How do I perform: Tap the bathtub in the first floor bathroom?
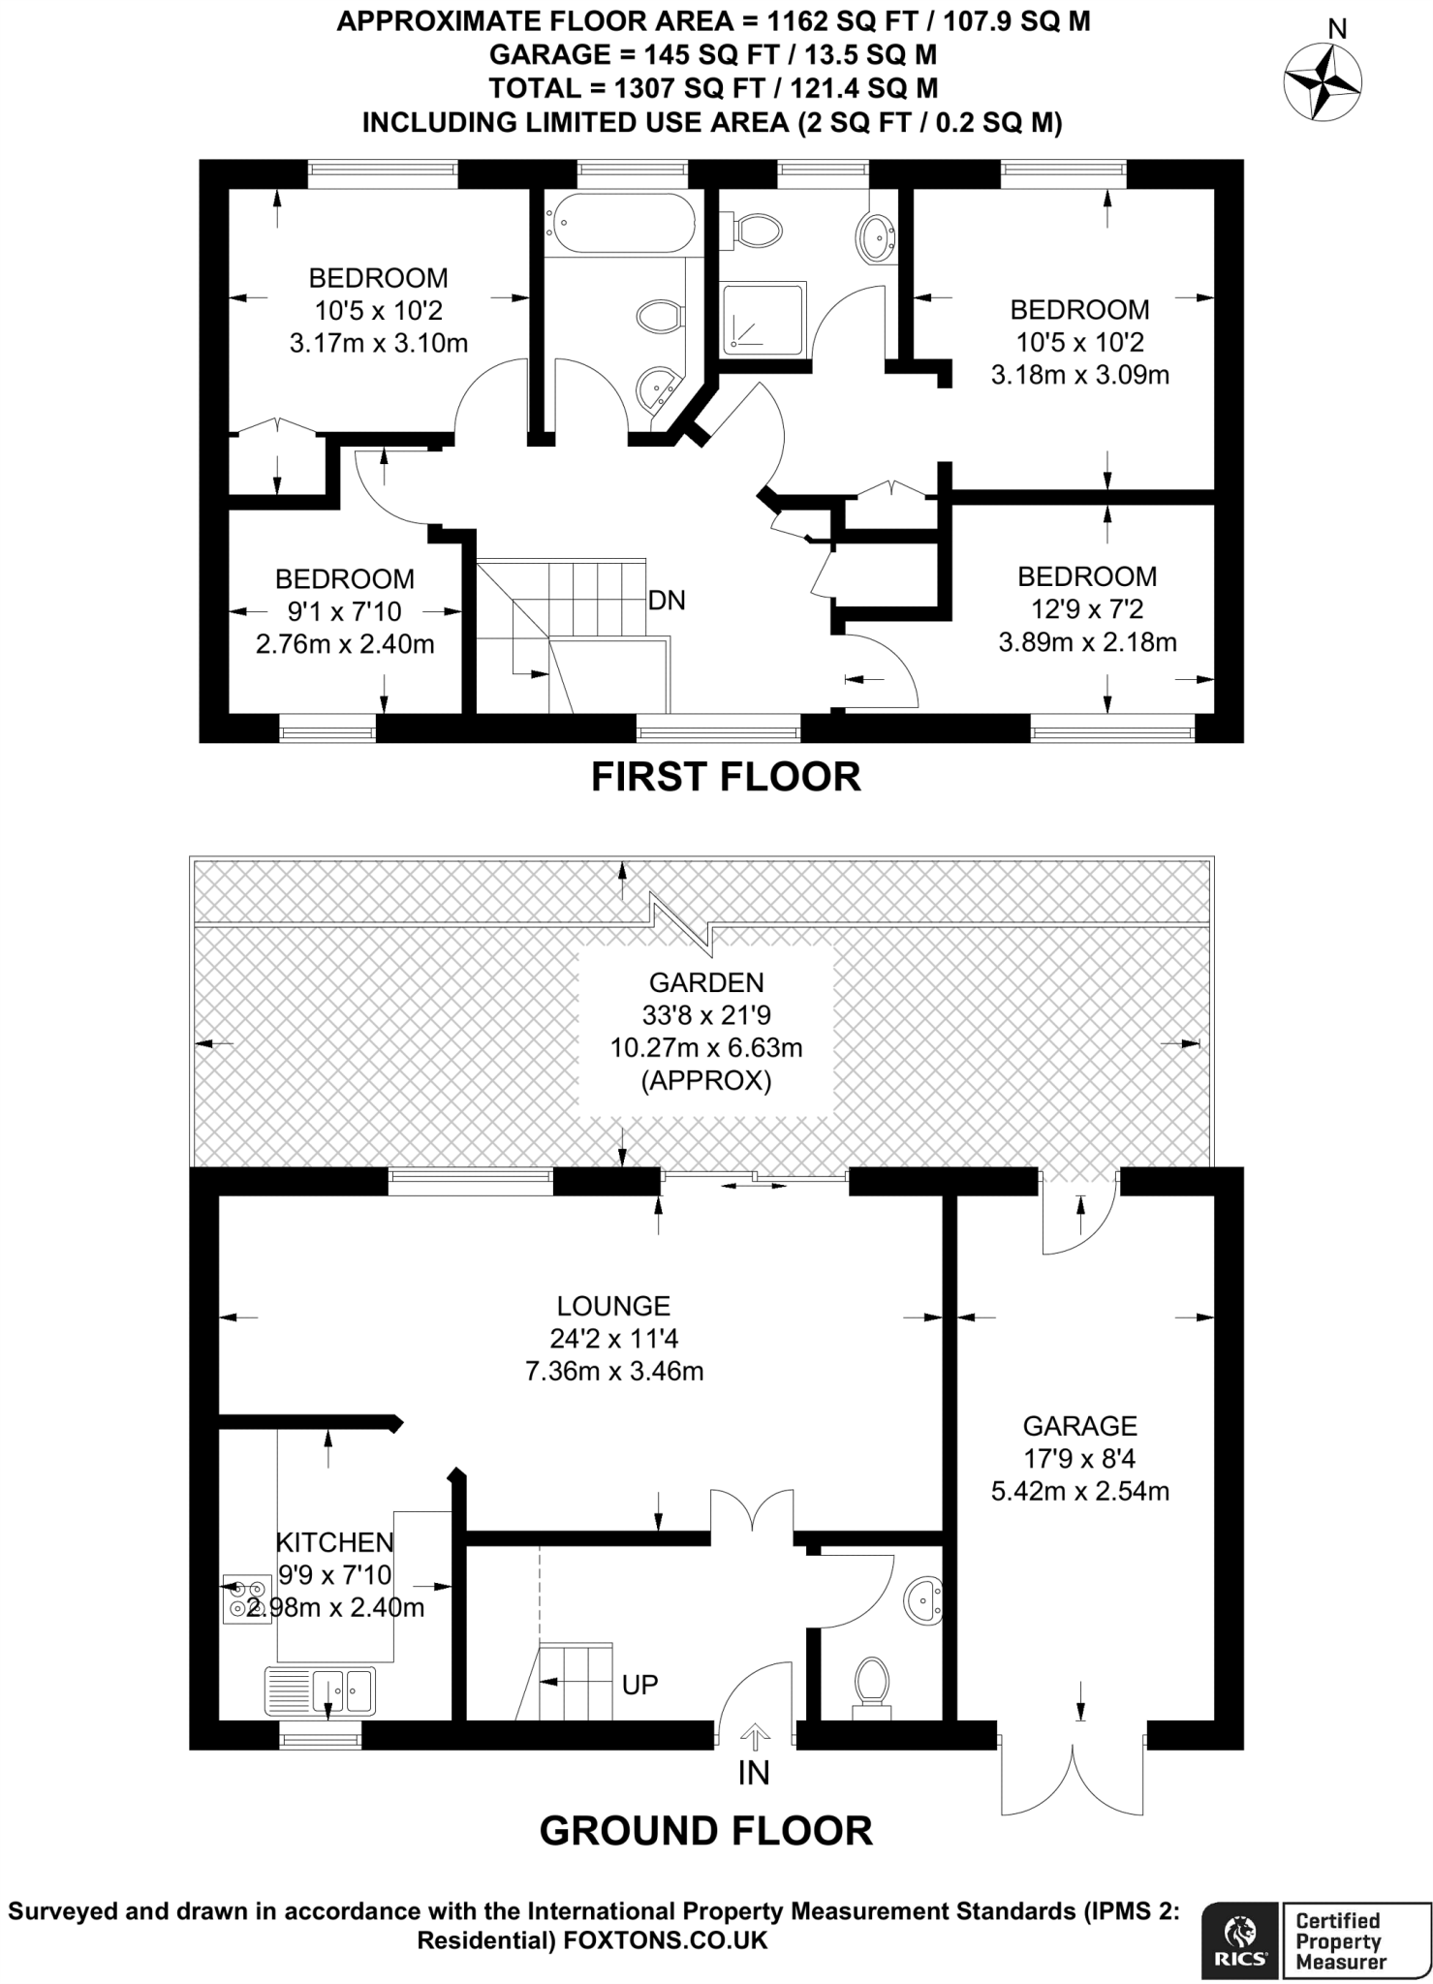(x=620, y=222)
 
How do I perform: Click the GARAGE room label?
(x=1079, y=1426)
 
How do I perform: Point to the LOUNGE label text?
(x=613, y=1306)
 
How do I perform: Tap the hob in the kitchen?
(x=247, y=1599)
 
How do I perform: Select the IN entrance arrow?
(x=755, y=1735)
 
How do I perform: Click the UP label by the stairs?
(x=639, y=1684)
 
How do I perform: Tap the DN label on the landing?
(x=667, y=601)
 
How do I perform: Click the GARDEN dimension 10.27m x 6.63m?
(x=706, y=1047)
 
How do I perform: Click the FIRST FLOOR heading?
(x=726, y=777)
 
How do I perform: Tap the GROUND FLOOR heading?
(x=705, y=1831)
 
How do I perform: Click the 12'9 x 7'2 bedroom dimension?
(x=1087, y=609)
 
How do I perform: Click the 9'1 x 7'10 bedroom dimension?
(x=344, y=611)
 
